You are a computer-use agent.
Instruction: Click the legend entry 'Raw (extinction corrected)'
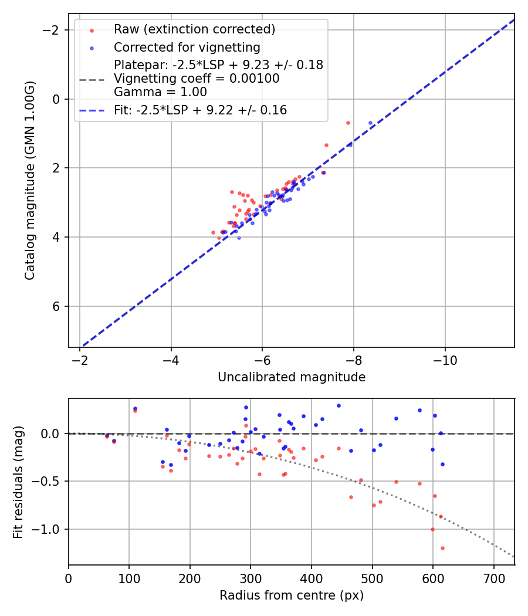(x=194, y=29)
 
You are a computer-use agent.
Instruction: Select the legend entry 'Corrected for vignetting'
(x=187, y=47)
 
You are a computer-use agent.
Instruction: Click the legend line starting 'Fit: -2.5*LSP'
(x=200, y=110)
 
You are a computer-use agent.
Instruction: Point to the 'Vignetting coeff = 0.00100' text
(x=197, y=79)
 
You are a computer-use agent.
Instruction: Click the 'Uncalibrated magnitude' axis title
(x=292, y=377)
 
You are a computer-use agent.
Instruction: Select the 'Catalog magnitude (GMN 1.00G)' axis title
(x=30, y=180)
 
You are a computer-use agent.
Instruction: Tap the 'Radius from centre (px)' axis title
(x=292, y=595)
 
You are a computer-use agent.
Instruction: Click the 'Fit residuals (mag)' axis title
(x=18, y=482)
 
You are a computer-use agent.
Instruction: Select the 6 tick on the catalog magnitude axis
(x=57, y=306)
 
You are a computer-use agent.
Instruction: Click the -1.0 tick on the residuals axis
(x=49, y=529)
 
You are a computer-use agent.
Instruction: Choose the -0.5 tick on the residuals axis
(x=49, y=481)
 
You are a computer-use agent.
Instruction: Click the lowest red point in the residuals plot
(x=442, y=548)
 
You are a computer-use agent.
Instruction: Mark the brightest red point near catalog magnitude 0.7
(x=348, y=123)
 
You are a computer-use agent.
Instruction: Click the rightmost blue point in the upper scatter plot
(x=370, y=123)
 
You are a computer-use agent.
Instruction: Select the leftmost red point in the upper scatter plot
(x=213, y=232)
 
